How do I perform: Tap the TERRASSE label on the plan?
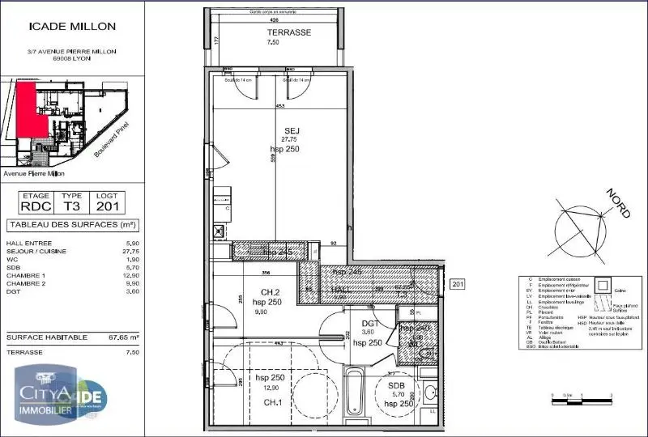(x=289, y=33)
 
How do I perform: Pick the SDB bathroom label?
(x=396, y=386)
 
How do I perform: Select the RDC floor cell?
(x=36, y=206)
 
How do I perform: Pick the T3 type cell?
(x=72, y=206)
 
